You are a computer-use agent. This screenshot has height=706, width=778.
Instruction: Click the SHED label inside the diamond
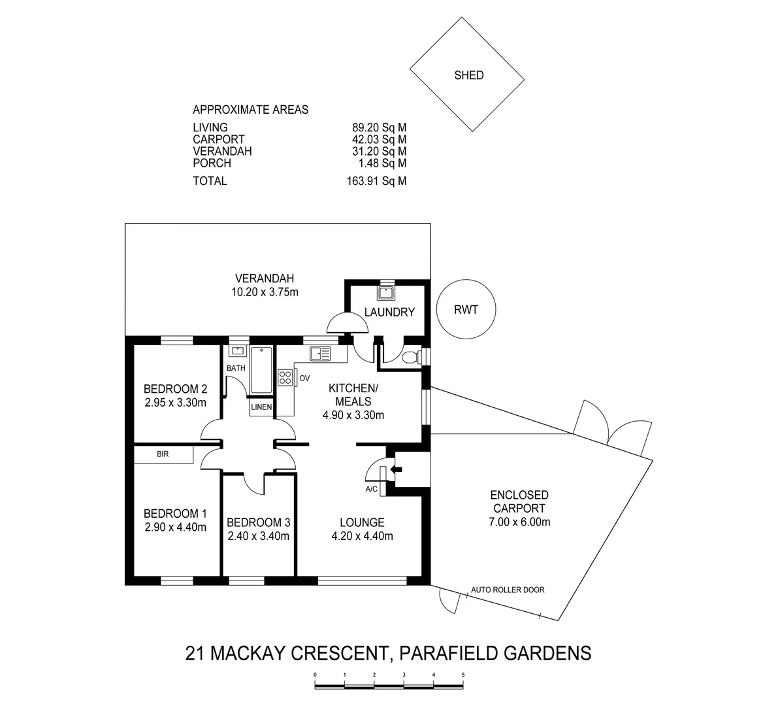pyautogui.click(x=468, y=75)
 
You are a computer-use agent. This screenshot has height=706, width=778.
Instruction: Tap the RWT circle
pyautogui.click(x=466, y=310)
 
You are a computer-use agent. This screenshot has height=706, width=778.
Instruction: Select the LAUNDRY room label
pyautogui.click(x=389, y=312)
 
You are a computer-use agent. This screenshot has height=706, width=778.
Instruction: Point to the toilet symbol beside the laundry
pyautogui.click(x=411, y=357)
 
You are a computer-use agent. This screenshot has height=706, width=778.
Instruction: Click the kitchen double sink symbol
pyautogui.click(x=320, y=354)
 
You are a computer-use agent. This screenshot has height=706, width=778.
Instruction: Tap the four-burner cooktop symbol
pyautogui.click(x=285, y=377)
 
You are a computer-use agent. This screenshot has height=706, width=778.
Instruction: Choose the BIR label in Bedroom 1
pyautogui.click(x=163, y=454)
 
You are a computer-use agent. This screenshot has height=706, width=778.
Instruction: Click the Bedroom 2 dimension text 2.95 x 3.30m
pyautogui.click(x=175, y=403)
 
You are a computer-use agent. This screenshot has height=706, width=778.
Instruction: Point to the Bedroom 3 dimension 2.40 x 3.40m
pyautogui.click(x=258, y=536)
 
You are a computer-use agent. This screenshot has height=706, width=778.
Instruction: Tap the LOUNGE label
pyautogui.click(x=362, y=522)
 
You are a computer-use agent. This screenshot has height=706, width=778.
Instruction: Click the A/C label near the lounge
pyautogui.click(x=372, y=488)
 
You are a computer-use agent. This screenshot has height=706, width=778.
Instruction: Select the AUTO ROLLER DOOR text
pyautogui.click(x=508, y=590)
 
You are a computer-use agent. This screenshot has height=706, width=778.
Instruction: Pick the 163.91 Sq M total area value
pyautogui.click(x=376, y=181)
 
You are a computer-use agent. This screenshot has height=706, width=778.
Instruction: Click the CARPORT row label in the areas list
pyautogui.click(x=218, y=139)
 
